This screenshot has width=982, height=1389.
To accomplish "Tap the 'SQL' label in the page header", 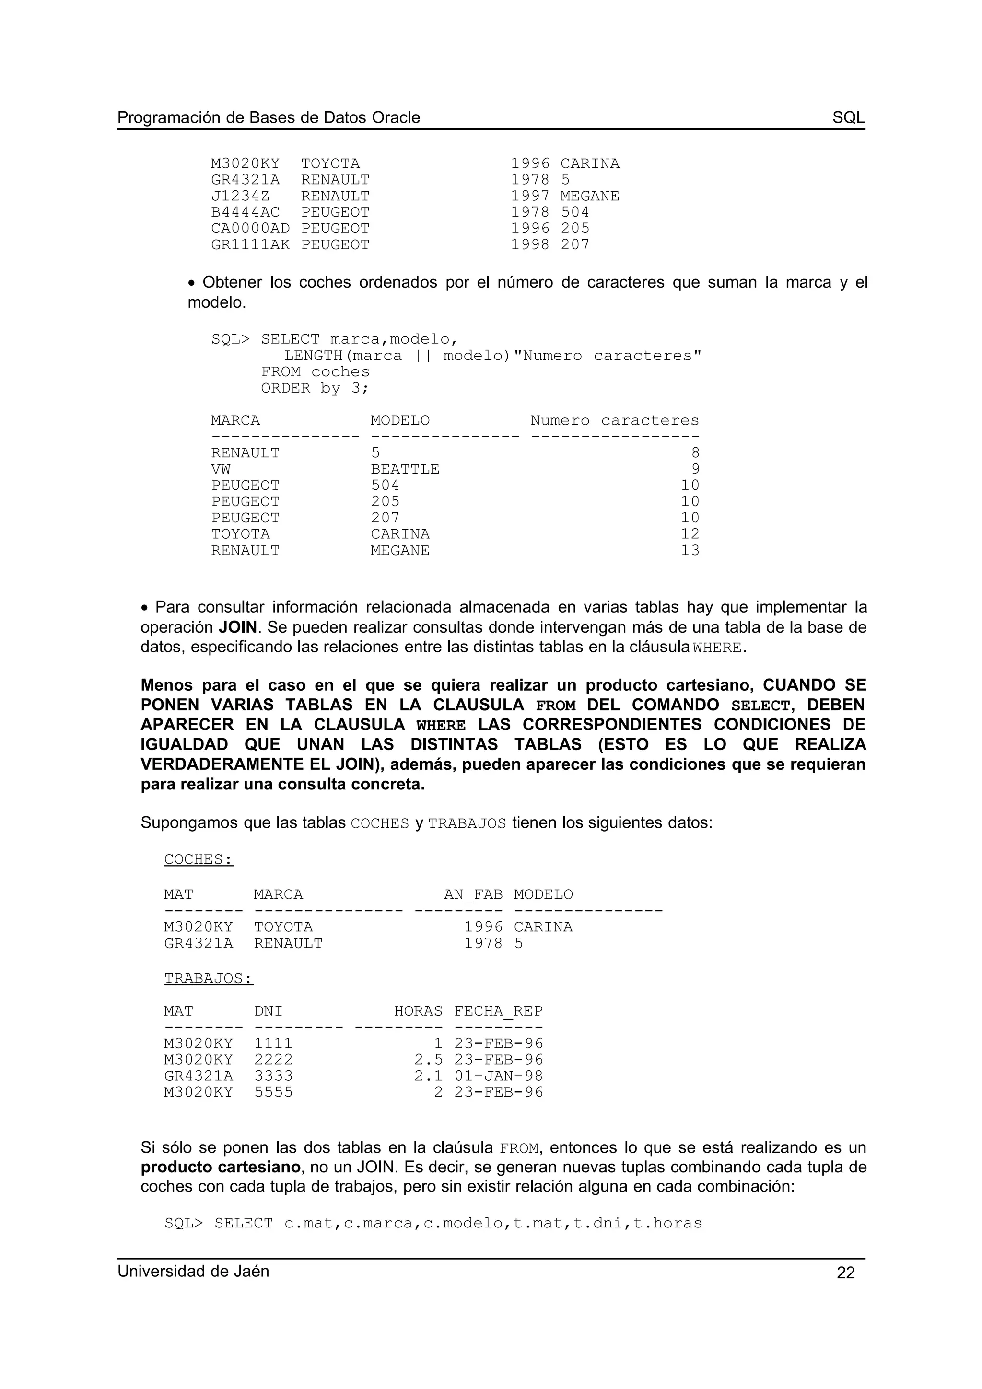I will [848, 117].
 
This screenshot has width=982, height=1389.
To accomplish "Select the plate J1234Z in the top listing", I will [240, 196].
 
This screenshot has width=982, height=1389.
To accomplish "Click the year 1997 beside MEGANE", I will [530, 196].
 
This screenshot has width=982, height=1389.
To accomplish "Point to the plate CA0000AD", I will [250, 229].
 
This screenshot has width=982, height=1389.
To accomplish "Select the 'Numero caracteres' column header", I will [614, 420].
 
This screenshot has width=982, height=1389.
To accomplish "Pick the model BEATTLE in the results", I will [405, 469].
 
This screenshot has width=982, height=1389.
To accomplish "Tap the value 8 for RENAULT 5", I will [695, 453].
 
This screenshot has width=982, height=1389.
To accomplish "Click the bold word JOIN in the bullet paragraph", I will [238, 627].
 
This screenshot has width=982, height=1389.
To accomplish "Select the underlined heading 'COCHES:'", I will [199, 860].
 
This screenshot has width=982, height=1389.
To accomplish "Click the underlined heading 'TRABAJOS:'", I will [208, 979].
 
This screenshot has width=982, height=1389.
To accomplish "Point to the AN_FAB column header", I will [473, 895].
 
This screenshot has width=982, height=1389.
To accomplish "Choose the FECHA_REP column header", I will [499, 1011].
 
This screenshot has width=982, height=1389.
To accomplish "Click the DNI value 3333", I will [273, 1076].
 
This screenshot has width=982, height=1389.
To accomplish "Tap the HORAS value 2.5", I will [428, 1060].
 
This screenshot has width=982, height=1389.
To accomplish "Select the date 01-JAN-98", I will [499, 1076].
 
